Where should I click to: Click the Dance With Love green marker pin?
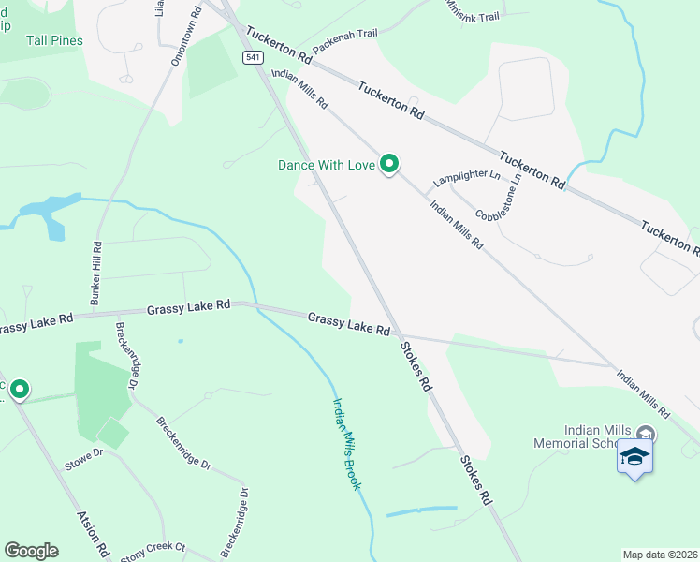pyautogui.click(x=389, y=165)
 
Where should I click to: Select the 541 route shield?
pyautogui.click(x=253, y=58)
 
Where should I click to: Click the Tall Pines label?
pyautogui.click(x=54, y=41)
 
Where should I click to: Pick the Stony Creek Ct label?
pyautogui.click(x=153, y=548)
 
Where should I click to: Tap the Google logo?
pyautogui.click(x=31, y=551)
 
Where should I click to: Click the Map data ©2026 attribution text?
pyautogui.click(x=661, y=555)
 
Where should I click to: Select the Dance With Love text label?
pyautogui.click(x=327, y=165)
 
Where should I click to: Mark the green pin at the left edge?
pyautogui.click(x=19, y=389)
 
